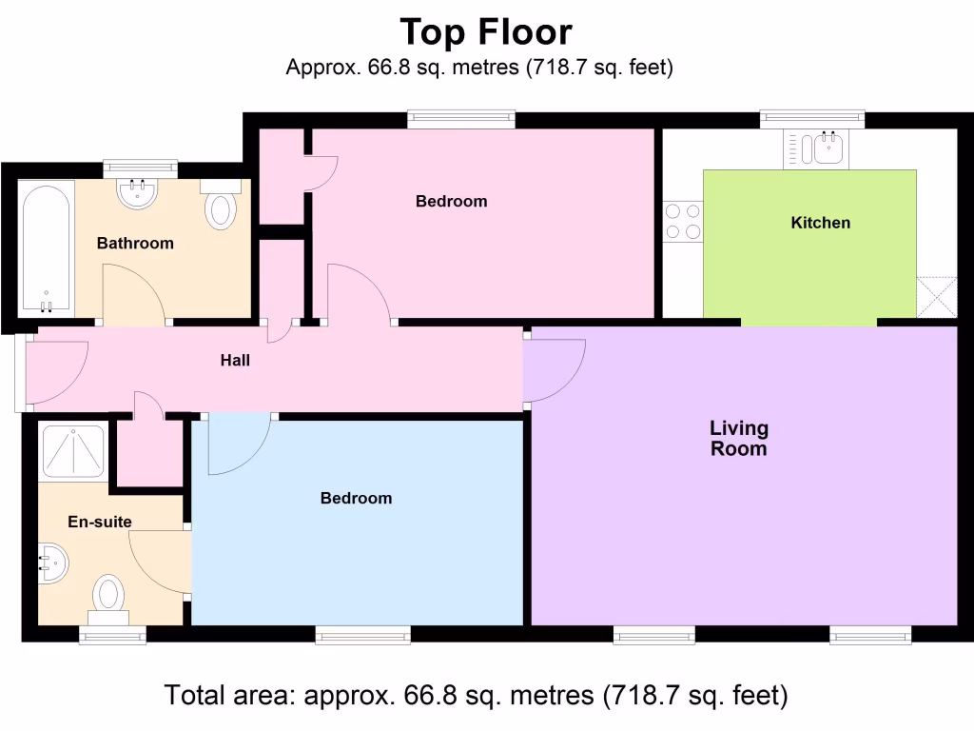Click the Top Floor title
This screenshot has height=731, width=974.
[486, 32]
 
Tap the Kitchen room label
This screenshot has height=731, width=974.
[820, 223]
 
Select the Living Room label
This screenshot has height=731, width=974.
[739, 439]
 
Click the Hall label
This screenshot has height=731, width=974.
[235, 360]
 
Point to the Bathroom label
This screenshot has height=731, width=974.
[135, 244]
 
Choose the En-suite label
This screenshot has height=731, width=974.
[99, 522]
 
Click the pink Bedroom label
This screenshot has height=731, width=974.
[451, 202]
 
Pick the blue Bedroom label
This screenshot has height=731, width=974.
[356, 499]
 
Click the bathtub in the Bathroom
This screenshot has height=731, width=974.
[45, 247]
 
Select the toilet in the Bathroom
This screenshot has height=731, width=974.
[220, 207]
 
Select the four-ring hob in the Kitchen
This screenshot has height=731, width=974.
[682, 222]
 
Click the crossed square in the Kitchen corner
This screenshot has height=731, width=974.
[936, 297]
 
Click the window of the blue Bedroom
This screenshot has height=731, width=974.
[362, 634]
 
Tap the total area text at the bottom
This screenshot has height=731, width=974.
[476, 696]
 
